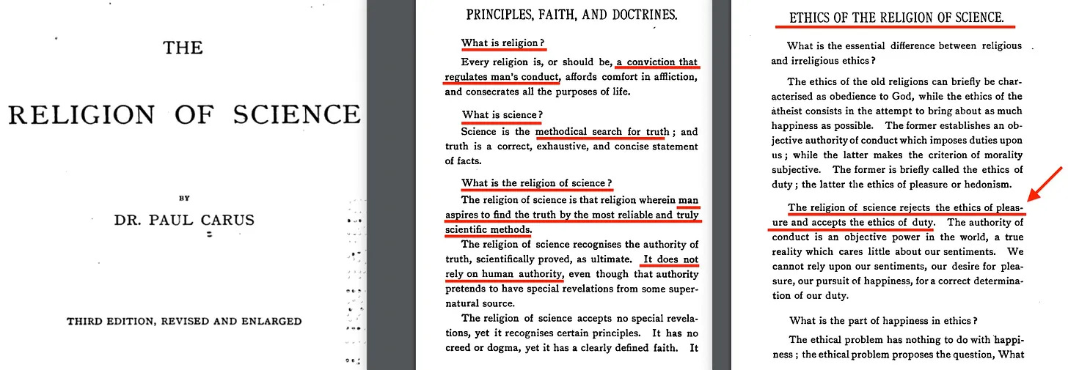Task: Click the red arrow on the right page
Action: [1044, 184]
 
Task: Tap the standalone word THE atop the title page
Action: [183, 48]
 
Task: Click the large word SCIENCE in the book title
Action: [296, 114]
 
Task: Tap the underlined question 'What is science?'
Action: [502, 115]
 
